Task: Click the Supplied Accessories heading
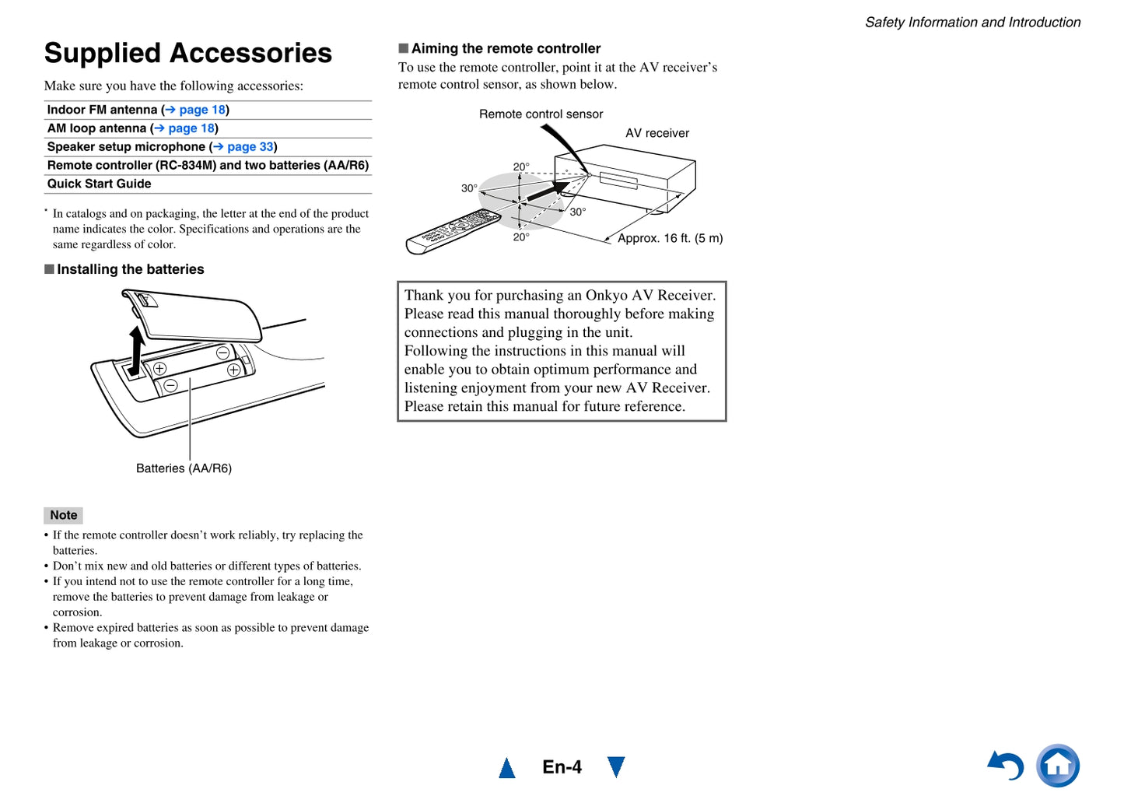coord(188,53)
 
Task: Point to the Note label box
coord(63,515)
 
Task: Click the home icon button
coord(1058,766)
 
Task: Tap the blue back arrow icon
coord(1005,766)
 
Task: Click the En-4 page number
coord(562,767)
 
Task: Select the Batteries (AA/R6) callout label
coord(184,468)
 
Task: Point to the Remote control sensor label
coord(541,114)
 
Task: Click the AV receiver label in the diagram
coord(657,133)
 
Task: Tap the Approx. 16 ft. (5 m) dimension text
coord(670,238)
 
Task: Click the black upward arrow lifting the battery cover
coord(135,350)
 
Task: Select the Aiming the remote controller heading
coord(506,48)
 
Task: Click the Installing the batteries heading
coord(131,269)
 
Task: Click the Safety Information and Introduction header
coord(972,22)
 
